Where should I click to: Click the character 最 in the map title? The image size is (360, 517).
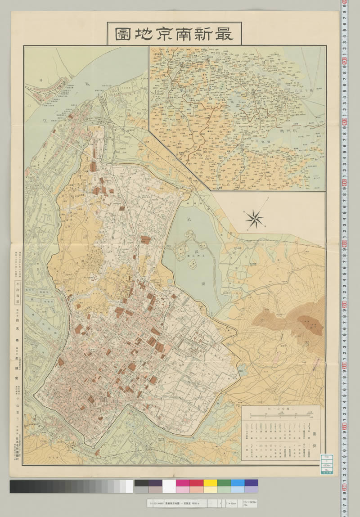tap(225, 33)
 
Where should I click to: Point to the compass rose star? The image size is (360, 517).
tap(255, 219)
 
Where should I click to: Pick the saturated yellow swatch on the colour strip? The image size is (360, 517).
tap(210, 483)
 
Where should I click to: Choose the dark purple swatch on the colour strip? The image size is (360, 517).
tap(155, 483)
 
